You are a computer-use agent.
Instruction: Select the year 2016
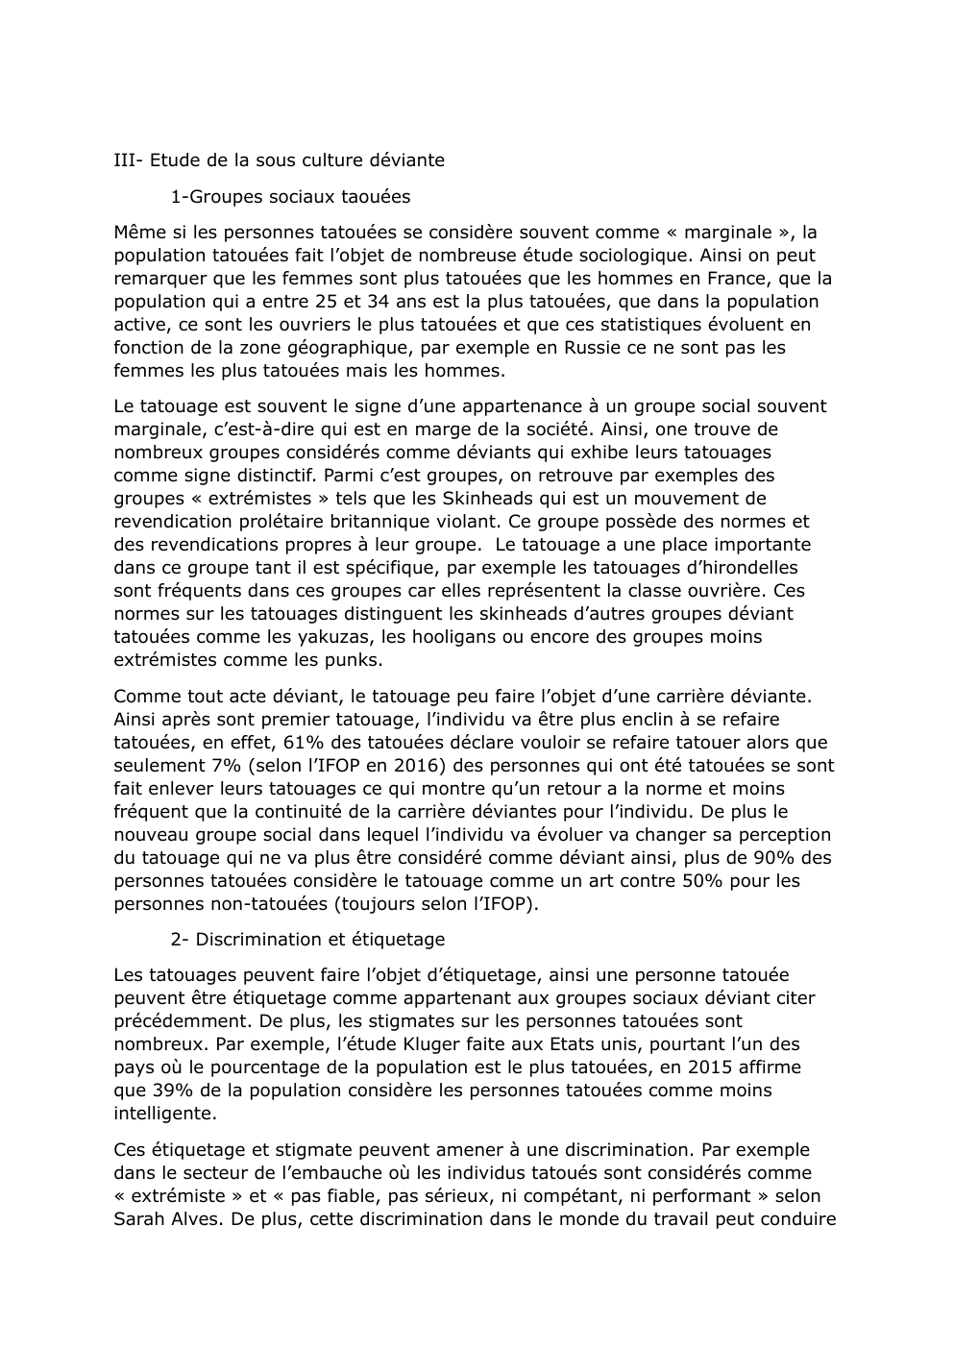[x=400, y=766]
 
